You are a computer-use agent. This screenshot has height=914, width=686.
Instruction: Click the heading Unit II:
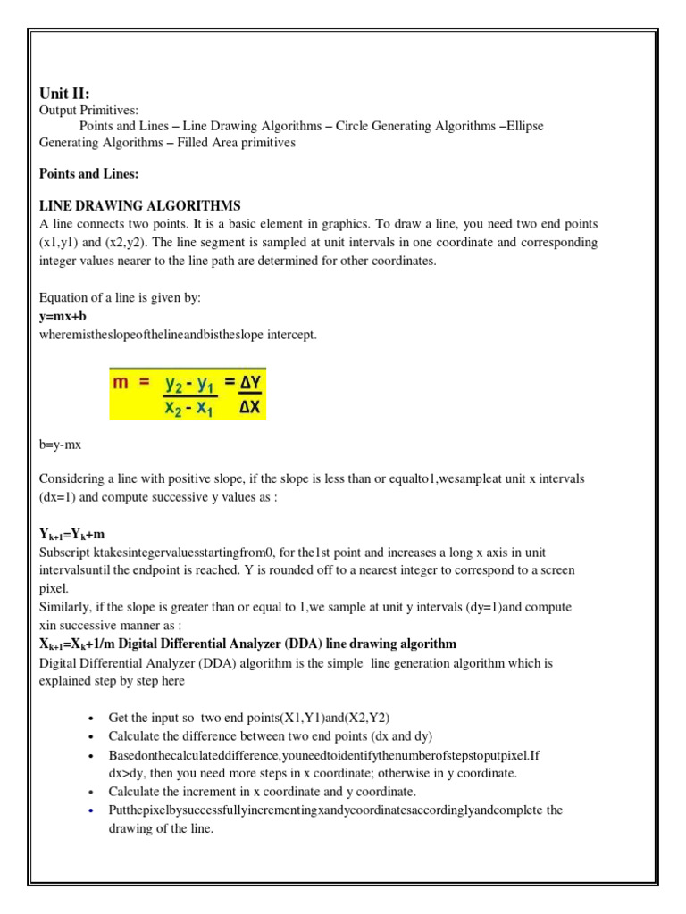[x=64, y=93]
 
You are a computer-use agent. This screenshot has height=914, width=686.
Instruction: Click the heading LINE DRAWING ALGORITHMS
[x=140, y=205]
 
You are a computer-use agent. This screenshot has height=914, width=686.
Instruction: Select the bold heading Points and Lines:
[x=88, y=173]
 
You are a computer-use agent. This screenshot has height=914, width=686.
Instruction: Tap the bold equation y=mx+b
[x=63, y=316]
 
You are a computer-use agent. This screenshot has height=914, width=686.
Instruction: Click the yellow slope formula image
[x=188, y=393]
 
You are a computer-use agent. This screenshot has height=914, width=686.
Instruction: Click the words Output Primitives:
[x=88, y=110]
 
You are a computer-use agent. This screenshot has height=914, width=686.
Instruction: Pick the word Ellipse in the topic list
[x=524, y=126]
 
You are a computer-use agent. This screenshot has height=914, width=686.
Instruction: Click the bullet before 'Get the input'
[x=92, y=719]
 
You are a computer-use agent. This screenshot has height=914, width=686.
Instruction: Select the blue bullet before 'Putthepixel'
[x=92, y=810]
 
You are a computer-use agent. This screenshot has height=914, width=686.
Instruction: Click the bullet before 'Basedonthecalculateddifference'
[x=92, y=755]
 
